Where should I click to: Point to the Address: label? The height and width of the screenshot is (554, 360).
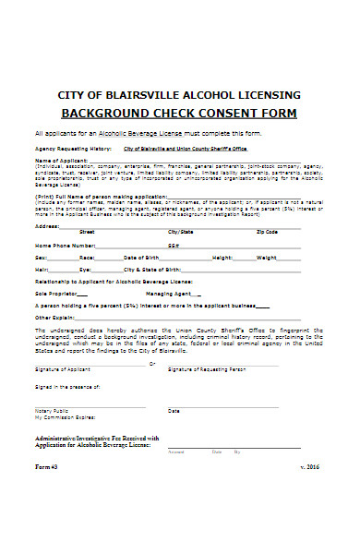click(x=48, y=225)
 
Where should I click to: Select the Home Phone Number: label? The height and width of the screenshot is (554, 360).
click(x=65, y=246)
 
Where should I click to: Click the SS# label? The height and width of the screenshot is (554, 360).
click(x=173, y=246)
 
